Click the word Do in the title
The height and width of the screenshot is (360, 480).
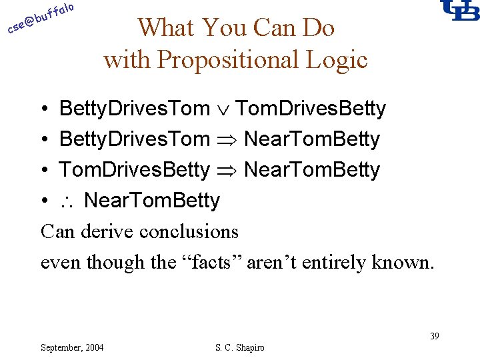click(317, 28)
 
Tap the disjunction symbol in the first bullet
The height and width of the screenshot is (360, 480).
click(223, 109)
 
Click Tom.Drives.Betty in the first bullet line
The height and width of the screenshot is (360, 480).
click(311, 109)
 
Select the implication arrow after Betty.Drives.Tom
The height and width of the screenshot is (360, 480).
click(227, 140)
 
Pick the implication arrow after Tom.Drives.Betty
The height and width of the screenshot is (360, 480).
click(227, 171)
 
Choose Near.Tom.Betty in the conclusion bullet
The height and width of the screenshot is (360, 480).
click(152, 201)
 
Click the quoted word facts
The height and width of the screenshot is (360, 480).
click(211, 263)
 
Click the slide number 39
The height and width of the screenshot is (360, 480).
click(434, 336)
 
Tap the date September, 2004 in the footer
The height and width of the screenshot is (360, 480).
click(72, 347)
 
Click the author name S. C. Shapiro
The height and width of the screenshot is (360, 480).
click(239, 347)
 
